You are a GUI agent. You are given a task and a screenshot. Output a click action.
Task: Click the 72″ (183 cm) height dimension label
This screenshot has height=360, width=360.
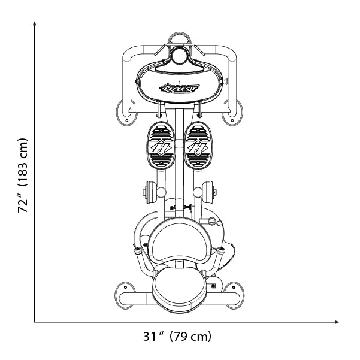[23, 176]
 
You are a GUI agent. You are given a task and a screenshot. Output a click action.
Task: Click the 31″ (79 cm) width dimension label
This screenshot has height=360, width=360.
[177, 337]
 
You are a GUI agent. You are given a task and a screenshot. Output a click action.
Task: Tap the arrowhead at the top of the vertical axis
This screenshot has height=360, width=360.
[34, 23]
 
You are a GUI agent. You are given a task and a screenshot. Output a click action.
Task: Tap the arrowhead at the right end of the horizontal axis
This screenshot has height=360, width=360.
[337, 322]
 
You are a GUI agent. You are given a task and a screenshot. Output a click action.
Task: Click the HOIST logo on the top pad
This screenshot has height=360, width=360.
[180, 88]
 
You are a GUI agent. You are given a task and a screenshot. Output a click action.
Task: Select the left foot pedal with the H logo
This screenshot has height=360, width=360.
[161, 146]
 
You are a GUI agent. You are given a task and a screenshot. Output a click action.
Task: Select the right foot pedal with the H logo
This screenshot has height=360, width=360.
[198, 146]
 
